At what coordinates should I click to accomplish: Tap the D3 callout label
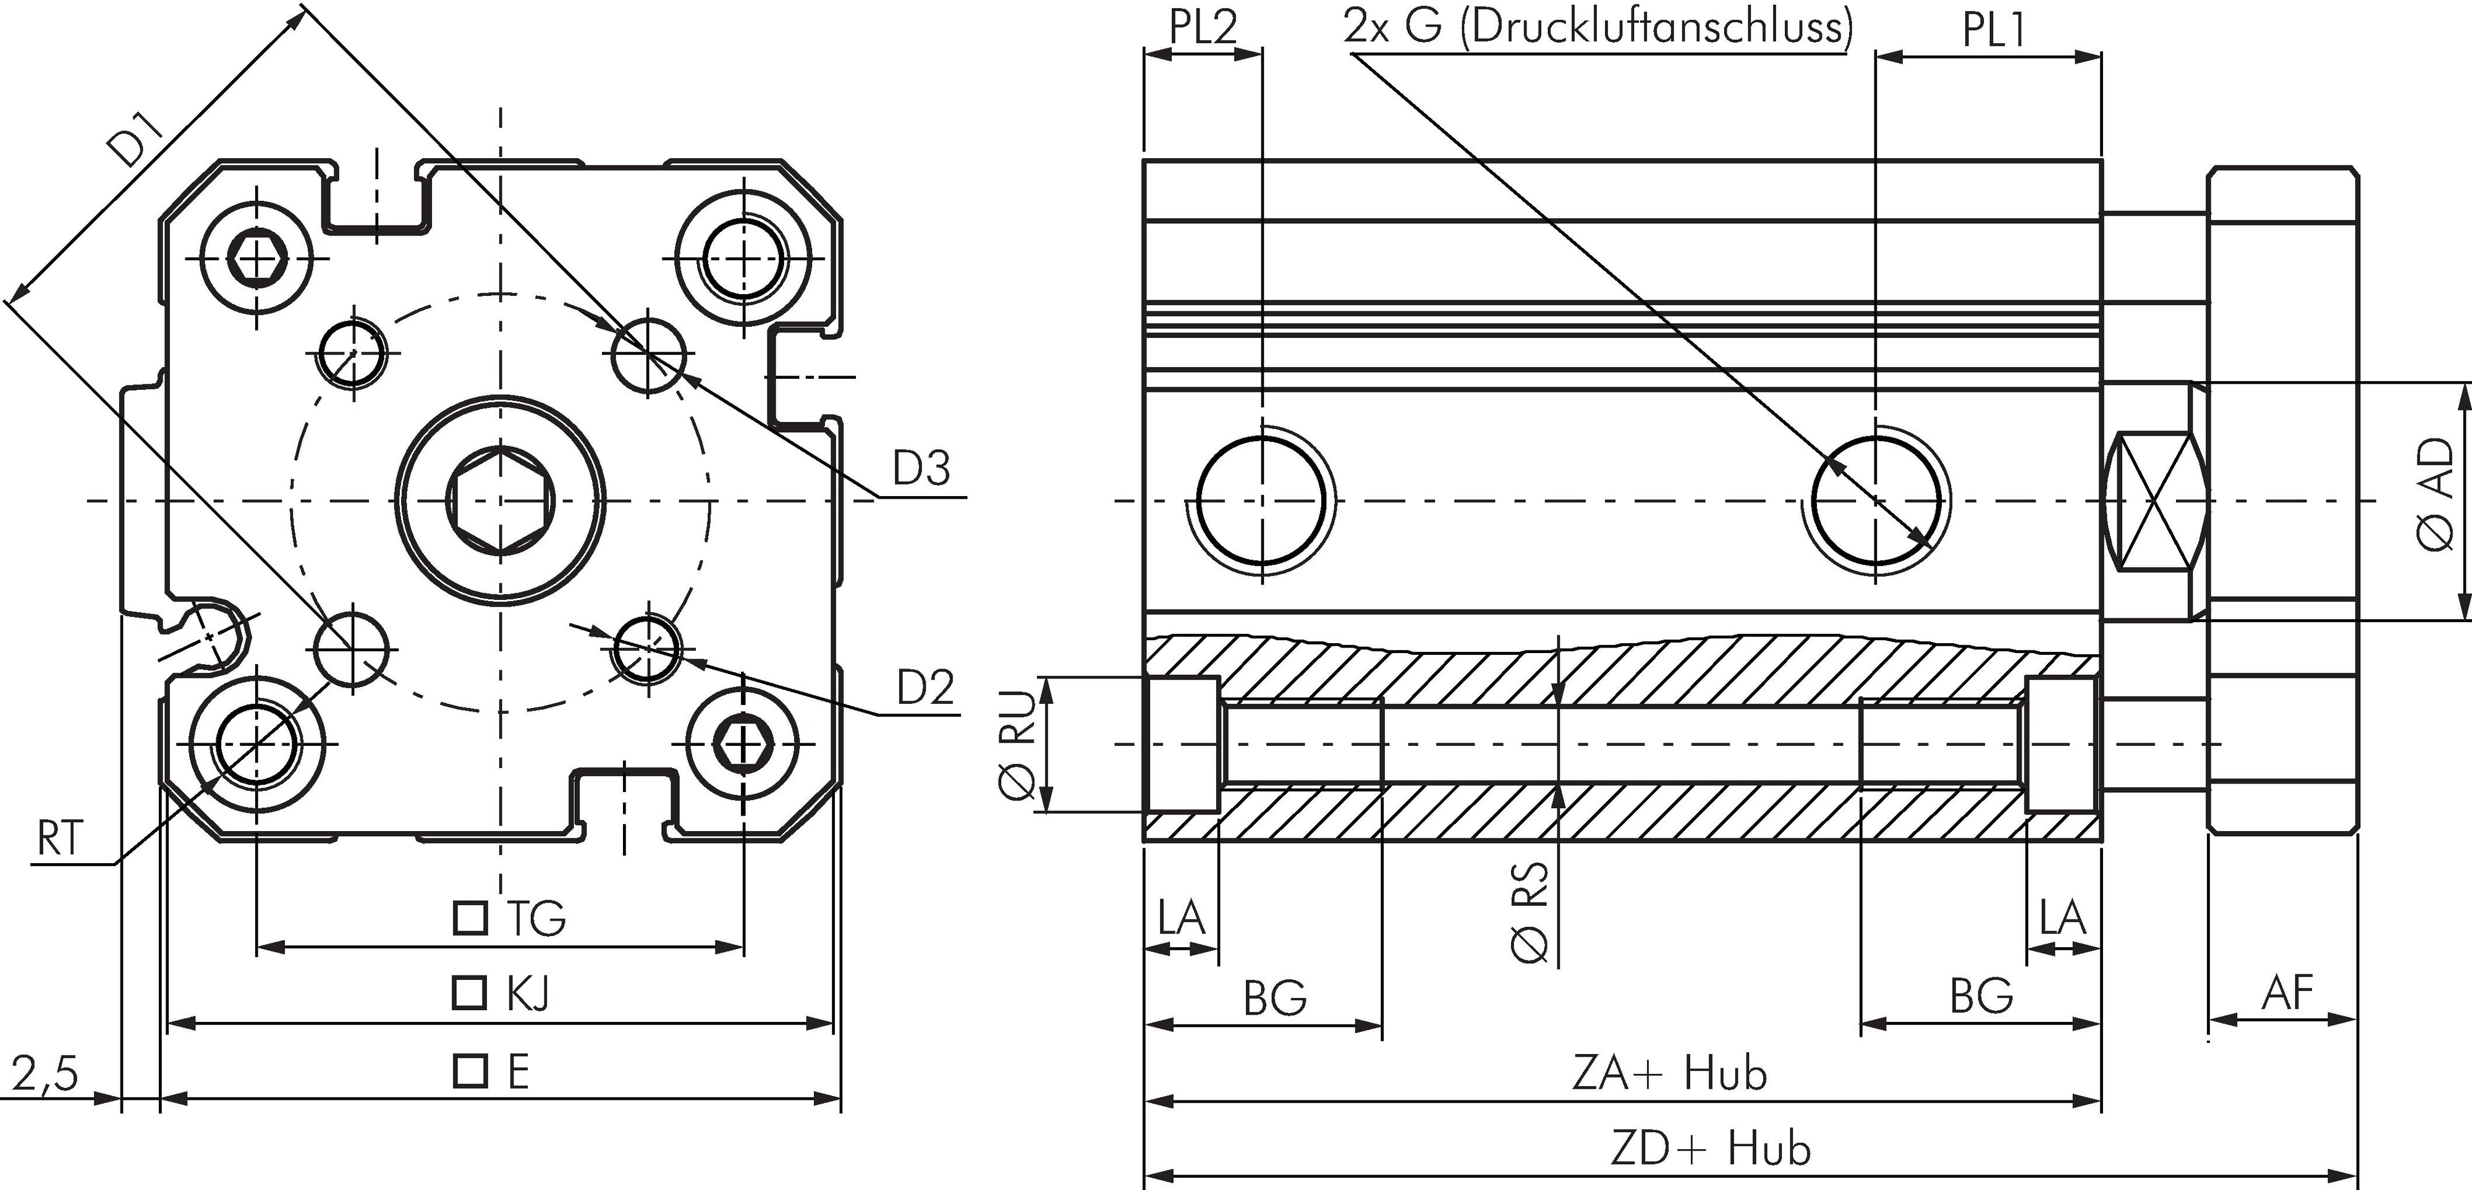pyautogui.click(x=921, y=470)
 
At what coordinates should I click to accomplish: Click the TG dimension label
pyautogui.click(x=535, y=918)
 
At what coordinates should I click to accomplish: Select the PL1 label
pyautogui.click(x=1992, y=31)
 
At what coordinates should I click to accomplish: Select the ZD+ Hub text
pyautogui.click(x=1710, y=1149)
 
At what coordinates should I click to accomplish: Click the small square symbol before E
pyautogui.click(x=469, y=1071)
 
